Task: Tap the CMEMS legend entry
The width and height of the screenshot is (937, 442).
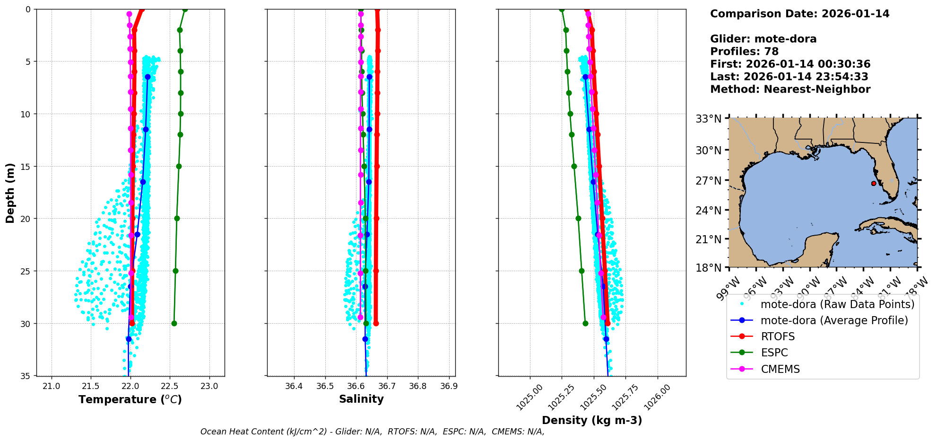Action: click(x=780, y=369)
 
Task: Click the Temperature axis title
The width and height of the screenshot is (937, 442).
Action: click(x=130, y=399)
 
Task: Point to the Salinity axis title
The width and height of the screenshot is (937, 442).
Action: click(x=361, y=399)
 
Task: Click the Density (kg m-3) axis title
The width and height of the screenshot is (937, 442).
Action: click(x=592, y=420)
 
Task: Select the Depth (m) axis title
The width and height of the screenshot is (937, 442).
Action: click(x=10, y=193)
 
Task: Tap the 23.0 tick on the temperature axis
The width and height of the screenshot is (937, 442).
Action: click(x=209, y=386)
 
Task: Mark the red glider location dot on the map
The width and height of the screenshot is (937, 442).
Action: click(x=874, y=184)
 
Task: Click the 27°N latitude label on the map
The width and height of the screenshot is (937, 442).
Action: click(x=708, y=180)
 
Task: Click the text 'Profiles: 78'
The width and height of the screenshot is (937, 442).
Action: click(x=744, y=52)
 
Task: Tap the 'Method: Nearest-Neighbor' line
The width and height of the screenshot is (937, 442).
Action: click(x=790, y=89)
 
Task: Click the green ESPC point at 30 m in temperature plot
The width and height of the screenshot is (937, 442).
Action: click(x=174, y=324)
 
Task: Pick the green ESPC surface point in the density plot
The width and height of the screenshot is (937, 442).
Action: click(x=562, y=9)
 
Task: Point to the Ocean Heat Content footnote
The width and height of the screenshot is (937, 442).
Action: click(x=372, y=432)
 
